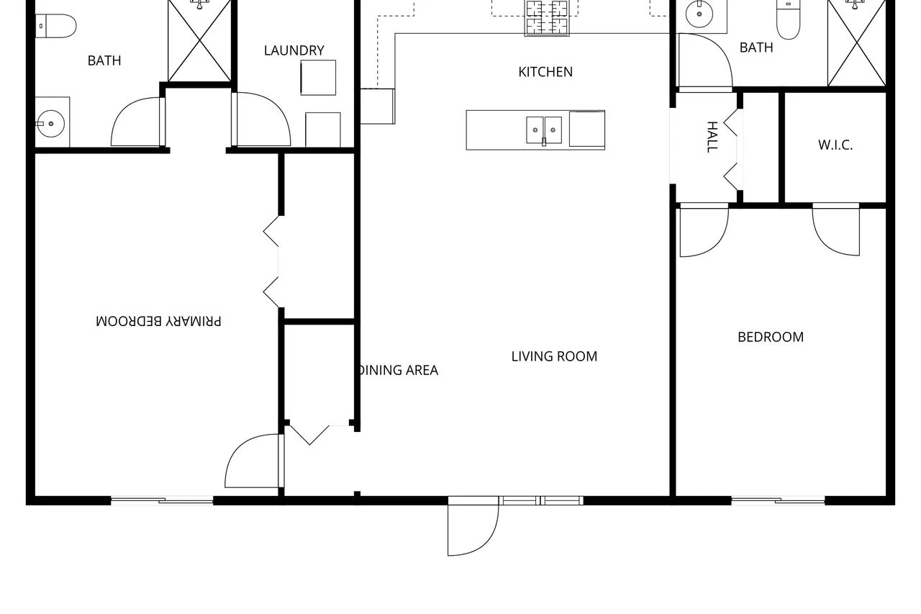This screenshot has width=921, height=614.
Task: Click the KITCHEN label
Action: click(x=545, y=72)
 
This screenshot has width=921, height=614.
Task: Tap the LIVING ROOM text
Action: click(x=554, y=356)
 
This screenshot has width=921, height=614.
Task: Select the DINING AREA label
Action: click(x=399, y=370)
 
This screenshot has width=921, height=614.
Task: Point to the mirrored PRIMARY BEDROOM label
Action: click(x=158, y=321)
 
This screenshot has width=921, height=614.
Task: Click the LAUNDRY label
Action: click(x=294, y=50)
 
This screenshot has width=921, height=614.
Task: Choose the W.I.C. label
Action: click(x=835, y=145)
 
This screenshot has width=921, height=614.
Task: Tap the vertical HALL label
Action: click(x=712, y=137)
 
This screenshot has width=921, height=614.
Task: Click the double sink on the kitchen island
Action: click(x=544, y=130)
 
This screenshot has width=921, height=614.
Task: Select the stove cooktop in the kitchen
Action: click(x=547, y=17)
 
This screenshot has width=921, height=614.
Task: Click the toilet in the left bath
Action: click(x=56, y=26)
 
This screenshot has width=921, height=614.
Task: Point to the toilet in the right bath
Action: click(x=788, y=19)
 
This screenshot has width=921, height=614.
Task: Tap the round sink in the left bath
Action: click(x=51, y=123)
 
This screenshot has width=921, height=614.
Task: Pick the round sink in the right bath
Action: click(x=699, y=14)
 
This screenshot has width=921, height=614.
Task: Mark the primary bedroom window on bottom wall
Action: click(x=162, y=500)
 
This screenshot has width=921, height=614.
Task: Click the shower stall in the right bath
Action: click(x=856, y=43)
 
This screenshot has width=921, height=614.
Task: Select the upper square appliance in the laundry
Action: click(x=318, y=78)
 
